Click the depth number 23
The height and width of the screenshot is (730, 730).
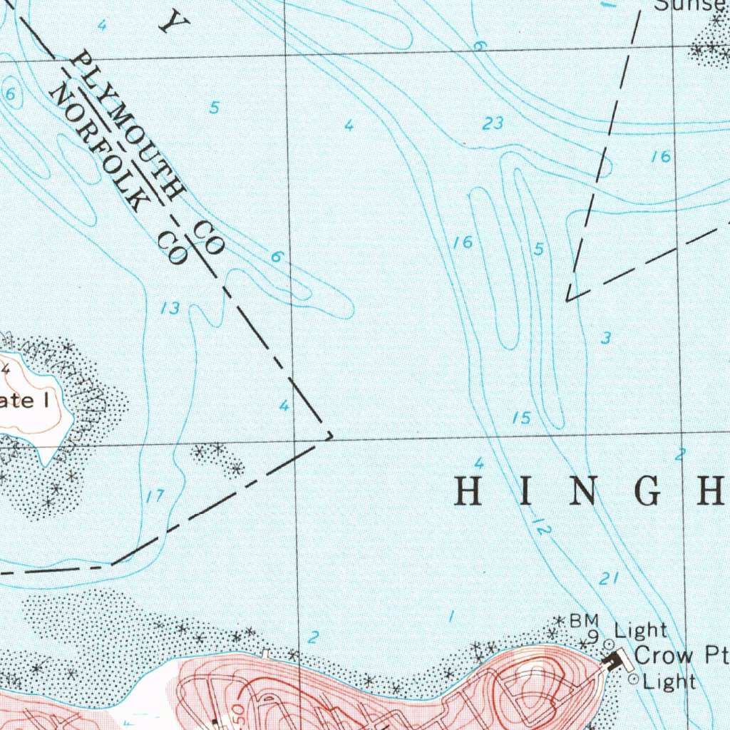click(492, 124)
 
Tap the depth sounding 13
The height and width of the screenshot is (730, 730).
click(170, 309)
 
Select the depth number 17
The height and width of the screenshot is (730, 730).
click(155, 497)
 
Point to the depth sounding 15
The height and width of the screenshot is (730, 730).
click(522, 418)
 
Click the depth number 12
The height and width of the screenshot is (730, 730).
click(542, 528)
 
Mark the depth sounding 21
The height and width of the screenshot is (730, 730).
click(608, 580)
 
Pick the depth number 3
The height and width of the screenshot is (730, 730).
click(605, 339)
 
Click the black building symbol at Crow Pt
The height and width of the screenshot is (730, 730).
click(612, 661)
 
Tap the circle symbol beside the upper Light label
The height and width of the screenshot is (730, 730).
click(608, 644)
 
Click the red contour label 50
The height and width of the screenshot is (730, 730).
click(236, 716)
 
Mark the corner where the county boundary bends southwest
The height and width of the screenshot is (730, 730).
click(330, 434)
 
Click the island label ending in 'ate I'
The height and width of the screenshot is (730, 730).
click(24, 400)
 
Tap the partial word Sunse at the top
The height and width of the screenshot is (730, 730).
click(687, 6)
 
